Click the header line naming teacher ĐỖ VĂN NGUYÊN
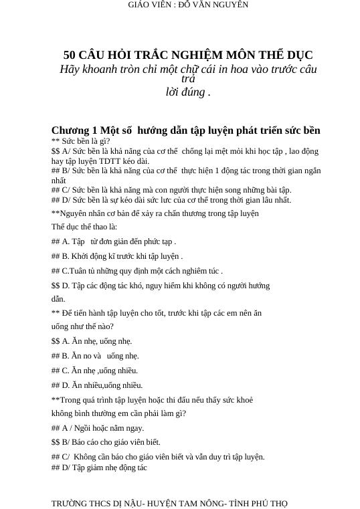coord(187,5)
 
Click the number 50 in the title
coord(70,55)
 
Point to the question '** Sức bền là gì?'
coord(81,141)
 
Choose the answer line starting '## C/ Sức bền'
coord(171,190)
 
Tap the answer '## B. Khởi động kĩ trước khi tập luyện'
coord(117,256)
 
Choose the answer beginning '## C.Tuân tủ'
coord(137,271)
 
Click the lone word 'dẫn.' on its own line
coord(58,299)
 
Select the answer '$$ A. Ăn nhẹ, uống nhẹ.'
coord(92,341)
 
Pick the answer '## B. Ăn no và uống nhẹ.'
coord(95,356)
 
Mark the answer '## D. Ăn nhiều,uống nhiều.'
coord(97,385)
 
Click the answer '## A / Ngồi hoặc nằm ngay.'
coord(98,428)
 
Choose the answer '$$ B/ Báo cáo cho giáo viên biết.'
coord(106,442)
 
